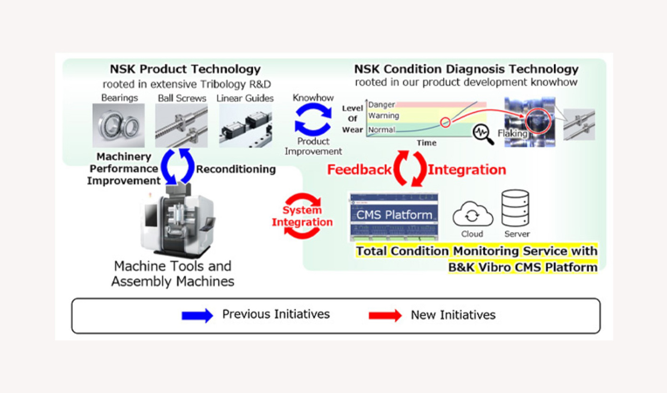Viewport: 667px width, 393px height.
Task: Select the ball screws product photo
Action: pos(181,126)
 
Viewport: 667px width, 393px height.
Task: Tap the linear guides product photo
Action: pos(245,126)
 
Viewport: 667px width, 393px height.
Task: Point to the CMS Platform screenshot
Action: pos(394,216)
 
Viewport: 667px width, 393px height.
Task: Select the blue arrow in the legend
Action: pos(197,315)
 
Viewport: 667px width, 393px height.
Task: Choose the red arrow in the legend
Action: pos(385,315)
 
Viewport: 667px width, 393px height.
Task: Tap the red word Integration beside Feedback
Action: pos(466,169)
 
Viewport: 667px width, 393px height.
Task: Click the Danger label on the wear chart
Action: pos(381,104)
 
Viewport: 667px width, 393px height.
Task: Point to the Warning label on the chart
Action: pos(384,116)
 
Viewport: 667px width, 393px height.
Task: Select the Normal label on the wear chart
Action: pos(382,129)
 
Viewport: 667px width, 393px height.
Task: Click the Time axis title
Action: pos(426,143)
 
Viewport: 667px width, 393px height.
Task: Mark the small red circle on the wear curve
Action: pos(445,122)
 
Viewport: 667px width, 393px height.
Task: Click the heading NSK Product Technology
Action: pos(185,69)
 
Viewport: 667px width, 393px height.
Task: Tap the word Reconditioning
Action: pos(236,169)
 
